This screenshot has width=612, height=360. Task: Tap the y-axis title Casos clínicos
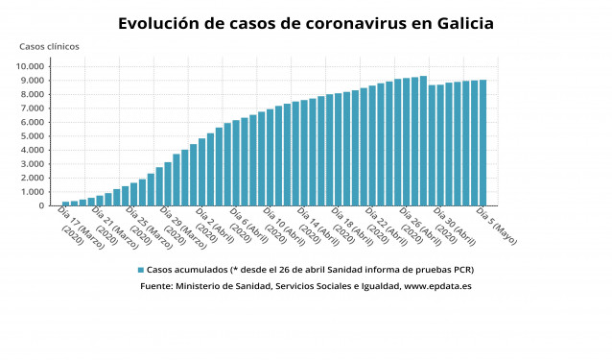click(x=49, y=46)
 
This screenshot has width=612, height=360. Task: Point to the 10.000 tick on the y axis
click(x=29, y=66)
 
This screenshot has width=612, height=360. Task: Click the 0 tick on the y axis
click(x=41, y=205)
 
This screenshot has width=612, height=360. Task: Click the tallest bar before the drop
click(x=423, y=141)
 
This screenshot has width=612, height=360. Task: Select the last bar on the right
click(x=483, y=143)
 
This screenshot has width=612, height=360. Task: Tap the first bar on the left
click(x=65, y=204)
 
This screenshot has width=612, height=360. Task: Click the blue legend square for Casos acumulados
click(x=140, y=271)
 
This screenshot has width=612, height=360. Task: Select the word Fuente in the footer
click(x=157, y=286)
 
